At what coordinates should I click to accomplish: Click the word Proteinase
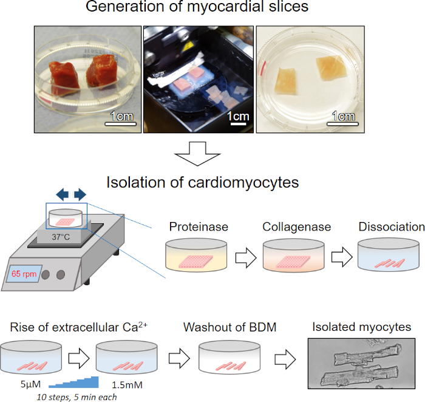pyautogui.click(x=199, y=227)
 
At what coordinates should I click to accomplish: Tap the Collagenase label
pyautogui.click(x=296, y=227)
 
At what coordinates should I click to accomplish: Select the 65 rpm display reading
pyautogui.click(x=24, y=274)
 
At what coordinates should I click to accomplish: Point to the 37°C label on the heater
pyautogui.click(x=61, y=237)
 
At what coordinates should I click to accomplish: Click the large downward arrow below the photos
pyautogui.click(x=197, y=154)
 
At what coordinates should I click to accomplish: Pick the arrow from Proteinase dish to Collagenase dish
pyautogui.click(x=246, y=257)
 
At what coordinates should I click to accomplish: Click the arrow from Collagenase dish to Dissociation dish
pyautogui.click(x=342, y=257)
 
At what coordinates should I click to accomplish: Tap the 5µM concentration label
pyautogui.click(x=30, y=384)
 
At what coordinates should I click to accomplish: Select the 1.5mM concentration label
pyautogui.click(x=127, y=384)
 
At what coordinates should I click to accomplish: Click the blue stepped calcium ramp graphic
pyautogui.click(x=73, y=382)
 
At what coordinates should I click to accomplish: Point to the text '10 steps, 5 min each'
pyautogui.click(x=76, y=397)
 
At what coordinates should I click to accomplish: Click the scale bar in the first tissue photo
pyautogui.click(x=120, y=124)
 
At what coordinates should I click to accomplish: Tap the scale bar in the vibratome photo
pyautogui.click(x=238, y=124)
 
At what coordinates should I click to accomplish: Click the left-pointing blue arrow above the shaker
pyautogui.click(x=63, y=195)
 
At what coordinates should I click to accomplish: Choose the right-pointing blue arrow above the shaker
pyautogui.click(x=80, y=195)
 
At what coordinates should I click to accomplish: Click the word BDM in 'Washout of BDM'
pyautogui.click(x=262, y=327)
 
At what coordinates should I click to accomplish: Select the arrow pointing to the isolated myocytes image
pyautogui.click(x=285, y=359)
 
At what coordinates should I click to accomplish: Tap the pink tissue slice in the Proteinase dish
pyautogui.click(x=195, y=262)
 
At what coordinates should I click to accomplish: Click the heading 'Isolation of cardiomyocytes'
pyautogui.click(x=202, y=182)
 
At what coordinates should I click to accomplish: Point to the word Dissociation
pyautogui.click(x=392, y=227)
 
